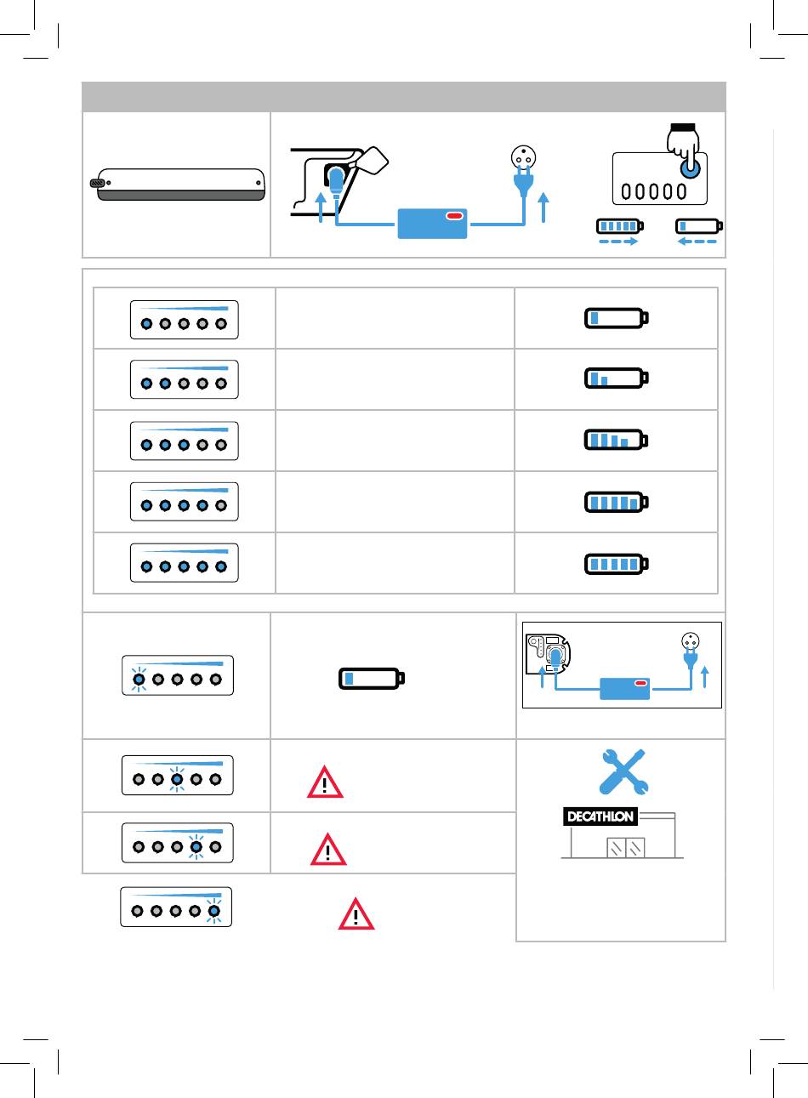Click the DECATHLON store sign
pyautogui.click(x=600, y=816)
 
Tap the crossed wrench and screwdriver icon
pyautogui.click(x=623, y=771)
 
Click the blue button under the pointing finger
pyautogui.click(x=691, y=168)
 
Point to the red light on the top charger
pyautogui.click(x=454, y=216)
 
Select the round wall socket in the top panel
pyautogui.click(x=523, y=158)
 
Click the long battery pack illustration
pyautogui.click(x=178, y=185)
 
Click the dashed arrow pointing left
pyautogui.click(x=697, y=242)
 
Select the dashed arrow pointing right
pyautogui.click(x=618, y=242)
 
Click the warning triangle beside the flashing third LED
pyautogui.click(x=325, y=782)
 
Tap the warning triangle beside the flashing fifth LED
pyautogui.click(x=356, y=914)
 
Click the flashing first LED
pyautogui.click(x=139, y=679)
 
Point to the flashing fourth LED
pyautogui.click(x=196, y=846)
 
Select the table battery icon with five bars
pyautogui.click(x=617, y=564)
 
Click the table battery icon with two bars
pyautogui.click(x=617, y=378)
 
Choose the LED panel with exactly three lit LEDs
pyautogui.click(x=185, y=441)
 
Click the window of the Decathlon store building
pyautogui.click(x=626, y=847)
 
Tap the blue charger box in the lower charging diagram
pyautogui.click(x=625, y=689)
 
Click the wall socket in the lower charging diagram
pyautogui.click(x=691, y=641)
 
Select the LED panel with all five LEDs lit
pyautogui.click(x=185, y=563)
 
